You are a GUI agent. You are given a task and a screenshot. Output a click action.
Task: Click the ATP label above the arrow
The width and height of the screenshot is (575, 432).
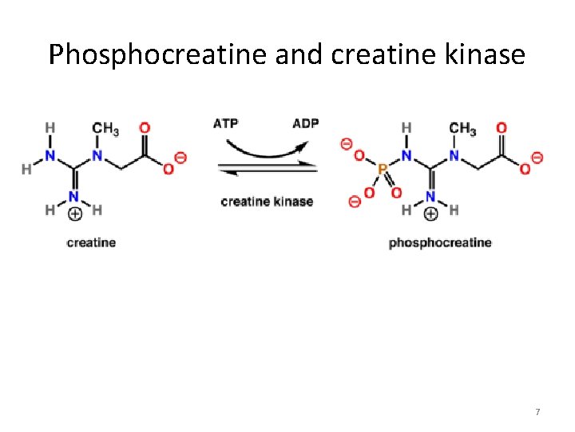[225, 124]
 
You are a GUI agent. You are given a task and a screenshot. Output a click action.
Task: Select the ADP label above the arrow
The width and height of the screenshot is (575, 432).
[305, 124]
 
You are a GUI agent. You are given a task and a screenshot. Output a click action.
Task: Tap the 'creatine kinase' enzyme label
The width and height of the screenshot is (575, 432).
[267, 201]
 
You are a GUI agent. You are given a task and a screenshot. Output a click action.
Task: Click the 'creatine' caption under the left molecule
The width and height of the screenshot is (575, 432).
[91, 242]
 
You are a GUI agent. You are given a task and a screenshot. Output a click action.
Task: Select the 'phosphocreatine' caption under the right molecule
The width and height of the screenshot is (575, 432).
[440, 242]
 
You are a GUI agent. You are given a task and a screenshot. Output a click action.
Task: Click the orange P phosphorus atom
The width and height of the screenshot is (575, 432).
[381, 170]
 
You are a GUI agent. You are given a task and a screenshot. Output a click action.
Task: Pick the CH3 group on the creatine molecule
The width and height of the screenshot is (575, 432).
[105, 129]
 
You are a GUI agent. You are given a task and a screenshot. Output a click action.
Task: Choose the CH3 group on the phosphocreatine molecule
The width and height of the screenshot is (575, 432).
[462, 129]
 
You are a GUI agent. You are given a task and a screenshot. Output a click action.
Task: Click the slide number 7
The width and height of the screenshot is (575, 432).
[537, 412]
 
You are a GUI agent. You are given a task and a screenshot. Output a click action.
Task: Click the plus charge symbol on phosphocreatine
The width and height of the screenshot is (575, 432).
[430, 214]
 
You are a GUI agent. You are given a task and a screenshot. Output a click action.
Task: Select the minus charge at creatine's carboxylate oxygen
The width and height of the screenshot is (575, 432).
[180, 158]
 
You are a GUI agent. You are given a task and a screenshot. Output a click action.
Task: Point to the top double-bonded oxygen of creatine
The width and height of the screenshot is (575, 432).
[145, 128]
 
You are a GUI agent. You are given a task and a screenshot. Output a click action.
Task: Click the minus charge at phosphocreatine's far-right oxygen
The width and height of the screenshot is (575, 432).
[537, 158]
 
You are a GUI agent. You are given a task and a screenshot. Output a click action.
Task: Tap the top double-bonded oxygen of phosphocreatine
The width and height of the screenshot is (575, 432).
[502, 128]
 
